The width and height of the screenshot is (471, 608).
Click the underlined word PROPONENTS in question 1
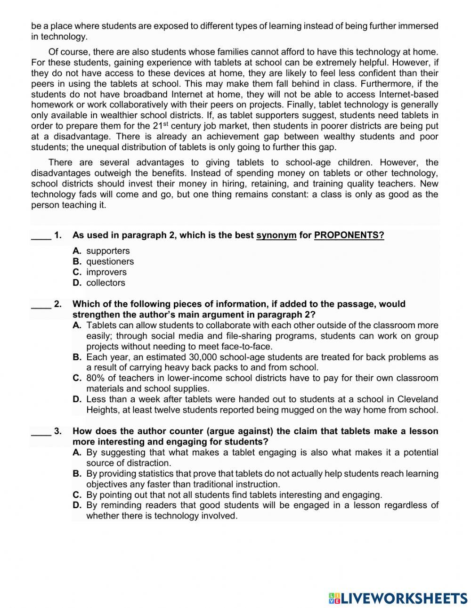click(349, 235)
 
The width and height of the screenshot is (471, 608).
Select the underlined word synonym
click(276, 235)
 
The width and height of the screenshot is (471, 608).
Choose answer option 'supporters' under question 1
click(108, 251)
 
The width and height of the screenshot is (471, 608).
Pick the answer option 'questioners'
click(110, 261)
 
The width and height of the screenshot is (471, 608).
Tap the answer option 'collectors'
click(106, 283)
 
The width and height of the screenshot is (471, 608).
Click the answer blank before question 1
click(41, 236)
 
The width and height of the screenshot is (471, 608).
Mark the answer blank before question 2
click(41, 305)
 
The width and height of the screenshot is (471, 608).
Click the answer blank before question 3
click(41, 431)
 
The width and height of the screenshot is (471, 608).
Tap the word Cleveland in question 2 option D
click(418, 399)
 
